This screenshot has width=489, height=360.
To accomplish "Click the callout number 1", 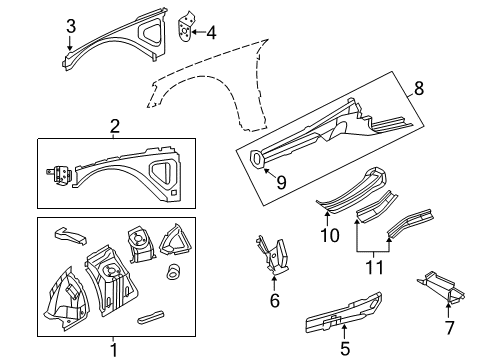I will click(x=113, y=349).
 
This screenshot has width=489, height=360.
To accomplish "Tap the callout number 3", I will click(x=70, y=27).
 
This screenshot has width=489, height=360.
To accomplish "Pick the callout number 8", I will click(x=418, y=88).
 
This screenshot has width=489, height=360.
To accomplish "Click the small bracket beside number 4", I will click(x=185, y=30).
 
